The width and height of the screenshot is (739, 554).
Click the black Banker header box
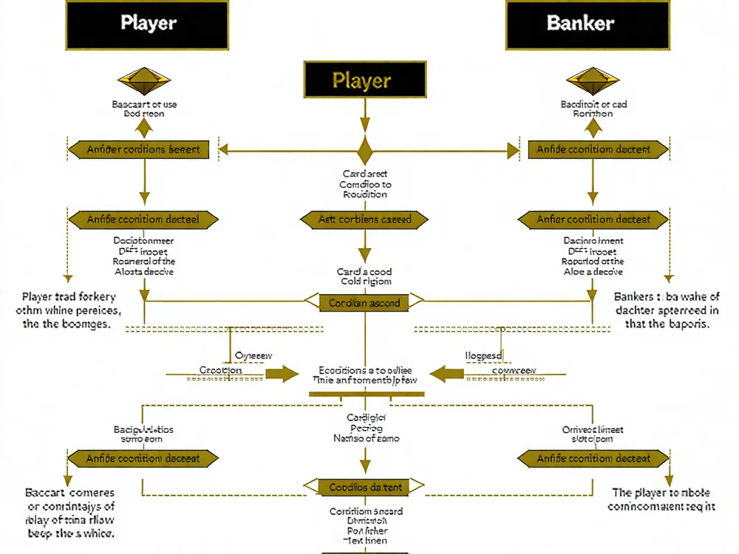588,24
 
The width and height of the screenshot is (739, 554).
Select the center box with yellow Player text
365,80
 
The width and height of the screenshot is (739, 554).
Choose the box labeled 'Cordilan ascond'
365,302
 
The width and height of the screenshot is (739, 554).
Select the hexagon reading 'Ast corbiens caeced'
365,219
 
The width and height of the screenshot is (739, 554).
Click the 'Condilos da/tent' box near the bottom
365,487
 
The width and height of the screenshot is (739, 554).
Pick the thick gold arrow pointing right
277,373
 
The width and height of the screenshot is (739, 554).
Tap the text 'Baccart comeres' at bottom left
70,492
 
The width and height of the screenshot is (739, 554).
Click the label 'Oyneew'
253,355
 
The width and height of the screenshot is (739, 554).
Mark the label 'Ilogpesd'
483,355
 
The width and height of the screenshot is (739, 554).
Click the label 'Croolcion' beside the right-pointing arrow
220,370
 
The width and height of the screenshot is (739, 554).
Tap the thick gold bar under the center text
366,394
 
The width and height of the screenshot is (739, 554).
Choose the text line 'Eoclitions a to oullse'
365,370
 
